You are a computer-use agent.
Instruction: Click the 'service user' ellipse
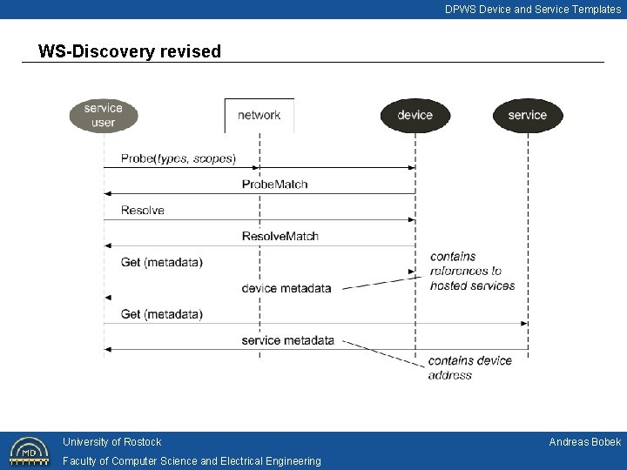click(104, 116)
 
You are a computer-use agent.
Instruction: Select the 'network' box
click(260, 115)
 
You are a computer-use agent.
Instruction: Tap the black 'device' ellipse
click(415, 115)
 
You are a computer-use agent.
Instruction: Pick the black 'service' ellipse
click(528, 115)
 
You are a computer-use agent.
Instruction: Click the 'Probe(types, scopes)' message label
click(178, 158)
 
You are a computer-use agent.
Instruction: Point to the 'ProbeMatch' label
click(274, 185)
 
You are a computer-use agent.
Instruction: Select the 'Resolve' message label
click(143, 211)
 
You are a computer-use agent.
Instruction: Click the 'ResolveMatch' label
click(280, 236)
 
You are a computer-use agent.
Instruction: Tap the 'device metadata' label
click(287, 288)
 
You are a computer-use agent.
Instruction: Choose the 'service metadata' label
click(287, 340)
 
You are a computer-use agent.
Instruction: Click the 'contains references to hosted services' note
click(472, 271)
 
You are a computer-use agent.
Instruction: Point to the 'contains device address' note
click(469, 367)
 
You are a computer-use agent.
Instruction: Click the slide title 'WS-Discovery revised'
click(130, 51)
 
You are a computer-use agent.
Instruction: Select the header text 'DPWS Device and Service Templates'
click(533, 10)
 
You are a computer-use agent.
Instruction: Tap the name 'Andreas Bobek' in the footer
click(584, 442)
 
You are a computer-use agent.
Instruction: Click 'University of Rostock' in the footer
click(111, 442)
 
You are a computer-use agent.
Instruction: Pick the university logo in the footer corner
click(29, 451)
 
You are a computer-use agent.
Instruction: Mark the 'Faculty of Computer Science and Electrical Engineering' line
click(192, 461)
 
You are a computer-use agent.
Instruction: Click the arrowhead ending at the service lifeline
click(524, 324)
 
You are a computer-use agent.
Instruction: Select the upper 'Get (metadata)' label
click(162, 262)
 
